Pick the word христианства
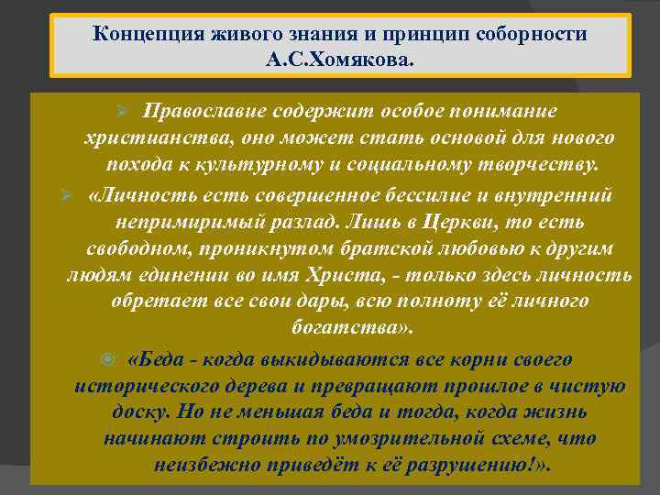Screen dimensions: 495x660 (144, 138)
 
